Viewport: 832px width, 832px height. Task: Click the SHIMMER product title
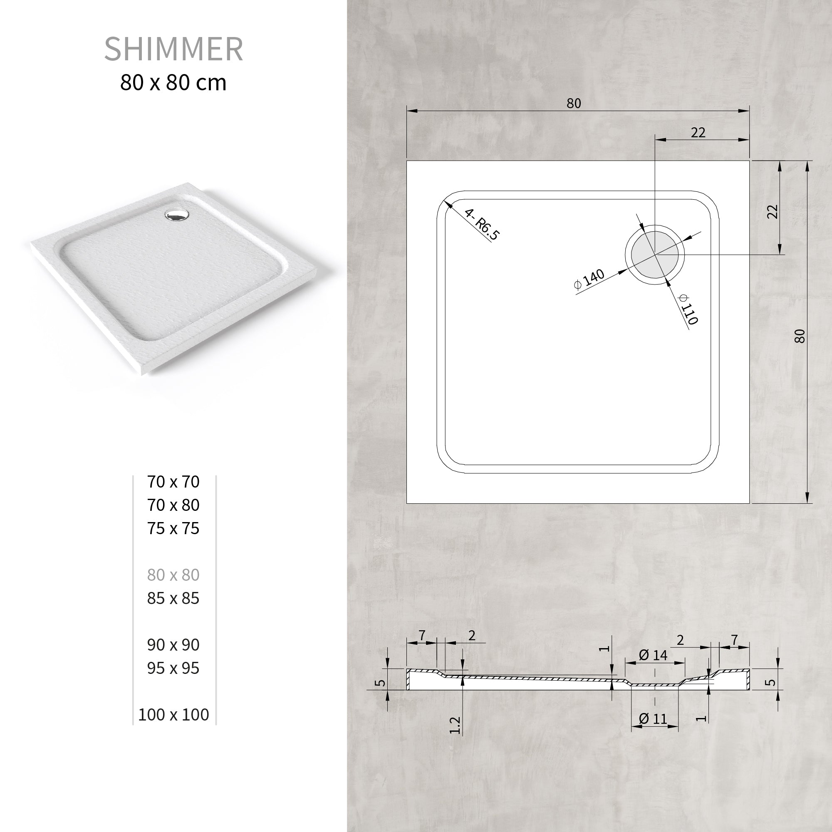173,49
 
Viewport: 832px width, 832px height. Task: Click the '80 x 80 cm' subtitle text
173,83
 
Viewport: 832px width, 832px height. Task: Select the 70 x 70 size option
173,482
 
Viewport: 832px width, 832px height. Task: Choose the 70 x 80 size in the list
173,505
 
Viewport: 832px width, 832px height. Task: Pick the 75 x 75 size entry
173,528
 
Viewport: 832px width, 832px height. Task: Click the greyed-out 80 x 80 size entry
173,575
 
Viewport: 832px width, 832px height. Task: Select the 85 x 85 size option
173,598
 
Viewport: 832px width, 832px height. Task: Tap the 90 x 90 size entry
173,645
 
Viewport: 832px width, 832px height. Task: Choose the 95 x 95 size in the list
173,668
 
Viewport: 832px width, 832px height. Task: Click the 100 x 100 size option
173,714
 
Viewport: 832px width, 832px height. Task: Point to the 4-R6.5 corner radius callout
482,224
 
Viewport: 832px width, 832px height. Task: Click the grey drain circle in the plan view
654,255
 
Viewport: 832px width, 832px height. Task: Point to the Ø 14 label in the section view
653,656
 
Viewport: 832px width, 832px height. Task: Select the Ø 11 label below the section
653,719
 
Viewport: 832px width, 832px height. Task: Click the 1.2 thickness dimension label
455,725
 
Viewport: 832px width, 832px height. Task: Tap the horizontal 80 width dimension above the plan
574,103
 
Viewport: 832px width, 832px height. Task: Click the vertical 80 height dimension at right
799,336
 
